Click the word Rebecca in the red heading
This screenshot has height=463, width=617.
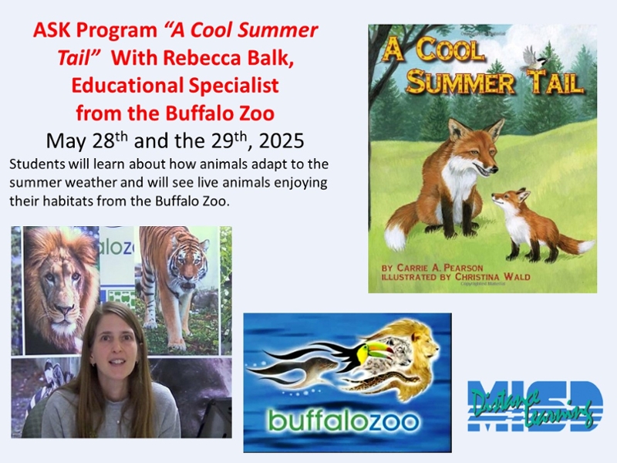[202, 58]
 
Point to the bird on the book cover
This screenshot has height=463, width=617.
[533, 59]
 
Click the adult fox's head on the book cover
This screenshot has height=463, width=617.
[474, 147]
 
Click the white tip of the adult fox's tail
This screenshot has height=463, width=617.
[396, 235]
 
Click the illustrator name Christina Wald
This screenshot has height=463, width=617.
[492, 277]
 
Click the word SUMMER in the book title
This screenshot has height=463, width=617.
[460, 83]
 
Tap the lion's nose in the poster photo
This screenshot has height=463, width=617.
[64, 310]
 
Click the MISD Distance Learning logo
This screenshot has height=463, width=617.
[534, 406]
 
